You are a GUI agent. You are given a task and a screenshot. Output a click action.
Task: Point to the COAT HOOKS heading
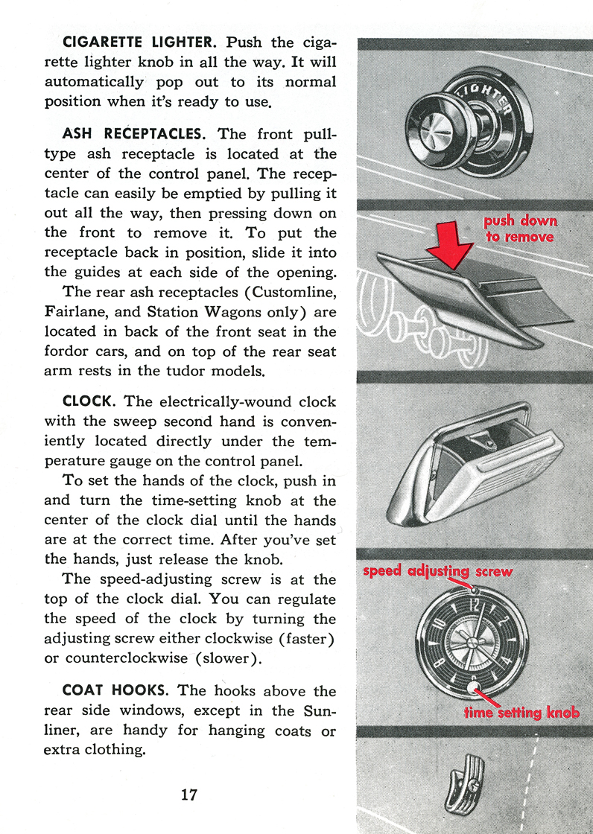pyautogui.click(x=115, y=691)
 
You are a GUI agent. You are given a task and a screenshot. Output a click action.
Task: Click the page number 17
pyautogui.click(x=189, y=795)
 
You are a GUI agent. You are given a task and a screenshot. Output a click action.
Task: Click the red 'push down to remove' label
pyautogui.click(x=520, y=229)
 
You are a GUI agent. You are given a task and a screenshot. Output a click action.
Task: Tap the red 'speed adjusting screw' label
pyautogui.click(x=438, y=571)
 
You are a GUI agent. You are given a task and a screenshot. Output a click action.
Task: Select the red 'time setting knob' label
pyautogui.click(x=521, y=712)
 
